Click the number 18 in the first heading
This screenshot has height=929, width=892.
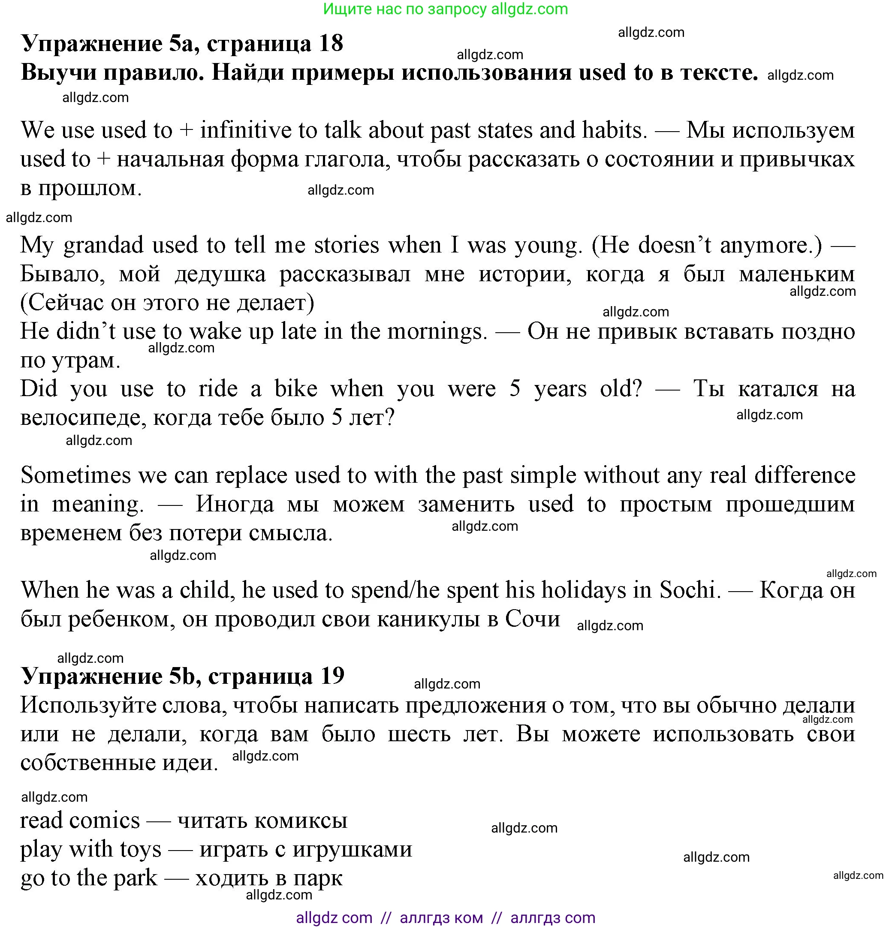pos(331,44)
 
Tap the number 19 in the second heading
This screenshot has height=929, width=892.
pos(331,676)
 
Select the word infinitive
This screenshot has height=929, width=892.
pos(246,130)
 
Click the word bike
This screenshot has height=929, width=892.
pos(295,389)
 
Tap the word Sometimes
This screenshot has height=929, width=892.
pos(75,475)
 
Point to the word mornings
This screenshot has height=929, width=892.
pos(437,332)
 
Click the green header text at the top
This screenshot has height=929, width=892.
pos(445,9)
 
